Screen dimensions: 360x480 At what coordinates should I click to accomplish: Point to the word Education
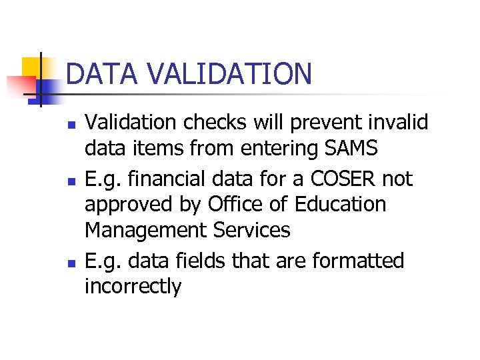click(340, 204)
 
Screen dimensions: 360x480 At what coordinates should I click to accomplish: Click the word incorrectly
click(133, 287)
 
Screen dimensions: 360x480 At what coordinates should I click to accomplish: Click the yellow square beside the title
click(31, 69)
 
